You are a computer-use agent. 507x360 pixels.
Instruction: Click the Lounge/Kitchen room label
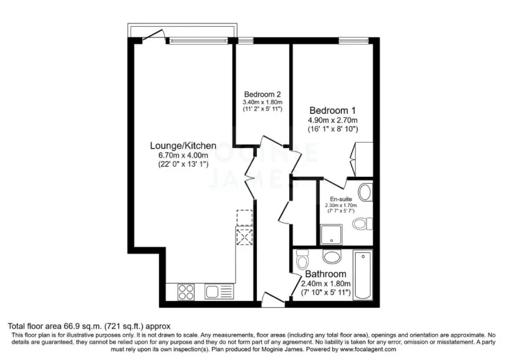(183, 145)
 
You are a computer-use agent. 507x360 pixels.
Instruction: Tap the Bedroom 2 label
(262, 95)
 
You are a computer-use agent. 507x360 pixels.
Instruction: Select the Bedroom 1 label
(332, 110)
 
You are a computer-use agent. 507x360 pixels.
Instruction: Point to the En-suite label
(341, 199)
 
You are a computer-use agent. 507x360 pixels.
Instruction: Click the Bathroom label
(325, 274)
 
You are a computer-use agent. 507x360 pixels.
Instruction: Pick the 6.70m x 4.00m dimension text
(183, 156)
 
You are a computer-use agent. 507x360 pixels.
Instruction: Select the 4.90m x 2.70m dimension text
(332, 121)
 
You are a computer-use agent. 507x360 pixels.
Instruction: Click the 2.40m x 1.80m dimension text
(325, 284)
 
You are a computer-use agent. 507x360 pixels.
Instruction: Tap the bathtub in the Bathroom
(363, 274)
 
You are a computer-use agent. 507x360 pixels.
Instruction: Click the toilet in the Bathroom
(302, 259)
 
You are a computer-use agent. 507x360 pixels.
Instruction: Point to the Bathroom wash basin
(332, 256)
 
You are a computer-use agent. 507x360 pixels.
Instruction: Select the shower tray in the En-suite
(331, 235)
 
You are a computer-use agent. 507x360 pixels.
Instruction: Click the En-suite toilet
(362, 224)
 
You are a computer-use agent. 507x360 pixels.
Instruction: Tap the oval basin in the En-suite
(367, 192)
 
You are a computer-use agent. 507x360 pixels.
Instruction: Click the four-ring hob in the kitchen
(186, 291)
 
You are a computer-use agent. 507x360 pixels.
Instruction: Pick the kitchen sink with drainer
(219, 291)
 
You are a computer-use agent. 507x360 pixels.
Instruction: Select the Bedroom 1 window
(354, 40)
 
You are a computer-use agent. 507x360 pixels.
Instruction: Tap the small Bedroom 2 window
(245, 40)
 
